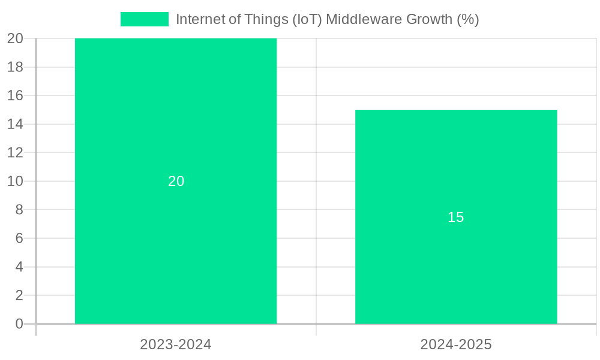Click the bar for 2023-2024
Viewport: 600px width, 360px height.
tap(176, 120)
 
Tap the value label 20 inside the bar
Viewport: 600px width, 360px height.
tap(176, 181)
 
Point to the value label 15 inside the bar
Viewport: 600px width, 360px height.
tap(456, 217)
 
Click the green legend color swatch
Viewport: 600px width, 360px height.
tap(145, 19)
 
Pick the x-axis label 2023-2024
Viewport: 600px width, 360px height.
tap(176, 344)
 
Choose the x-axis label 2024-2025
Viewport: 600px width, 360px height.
tap(456, 344)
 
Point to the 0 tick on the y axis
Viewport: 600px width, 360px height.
tap(19, 324)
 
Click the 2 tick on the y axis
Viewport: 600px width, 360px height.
tap(19, 295)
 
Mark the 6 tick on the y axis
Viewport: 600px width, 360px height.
tap(19, 238)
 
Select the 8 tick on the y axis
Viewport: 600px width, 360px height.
tap(19, 209)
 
